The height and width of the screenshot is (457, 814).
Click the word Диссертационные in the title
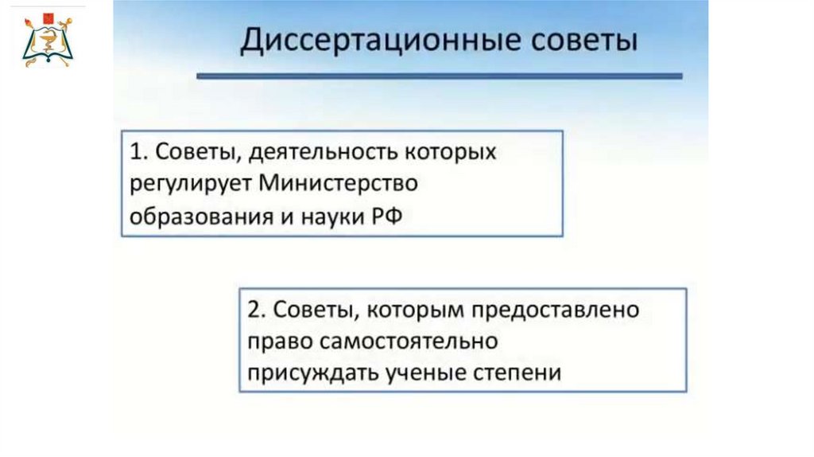[x=380, y=41]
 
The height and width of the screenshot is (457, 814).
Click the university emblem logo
[x=48, y=41]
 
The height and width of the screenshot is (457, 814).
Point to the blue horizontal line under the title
[x=439, y=76]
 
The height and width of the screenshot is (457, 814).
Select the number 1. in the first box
[x=138, y=152]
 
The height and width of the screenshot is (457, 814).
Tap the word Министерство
[x=338, y=183]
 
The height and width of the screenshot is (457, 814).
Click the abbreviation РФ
[x=387, y=216]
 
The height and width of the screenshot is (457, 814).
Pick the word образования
[x=201, y=217]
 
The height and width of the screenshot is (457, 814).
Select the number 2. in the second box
[x=257, y=310]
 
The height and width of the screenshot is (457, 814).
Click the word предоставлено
[x=556, y=311]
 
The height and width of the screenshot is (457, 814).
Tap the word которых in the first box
[x=450, y=153]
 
